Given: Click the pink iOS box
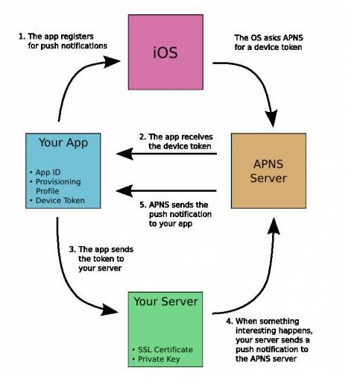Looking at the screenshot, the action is (165, 52).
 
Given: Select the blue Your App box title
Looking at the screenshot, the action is (63, 143).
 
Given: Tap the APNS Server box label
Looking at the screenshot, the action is (268, 171).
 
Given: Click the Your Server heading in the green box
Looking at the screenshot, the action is (165, 301).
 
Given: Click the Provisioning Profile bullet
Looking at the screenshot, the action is (55, 187).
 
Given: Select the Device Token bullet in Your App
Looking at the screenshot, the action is (57, 201).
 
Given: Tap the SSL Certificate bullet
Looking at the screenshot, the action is (162, 349).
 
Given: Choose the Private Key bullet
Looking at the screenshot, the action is (156, 359).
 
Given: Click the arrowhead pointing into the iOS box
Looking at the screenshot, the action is (111, 61).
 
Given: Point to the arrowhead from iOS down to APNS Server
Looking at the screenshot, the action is (271, 118).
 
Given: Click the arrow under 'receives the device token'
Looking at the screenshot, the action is (166, 154).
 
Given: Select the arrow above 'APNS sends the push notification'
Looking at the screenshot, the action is (166, 191).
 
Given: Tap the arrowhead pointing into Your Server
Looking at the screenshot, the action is (110, 310).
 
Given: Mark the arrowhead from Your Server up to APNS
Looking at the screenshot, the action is (274, 226).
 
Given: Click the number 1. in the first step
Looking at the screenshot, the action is (22, 37).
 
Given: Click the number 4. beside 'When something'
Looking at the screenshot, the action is (230, 322).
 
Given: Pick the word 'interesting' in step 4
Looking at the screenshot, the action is (253, 331).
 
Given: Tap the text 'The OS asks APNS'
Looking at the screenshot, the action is (268, 38).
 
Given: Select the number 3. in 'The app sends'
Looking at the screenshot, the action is (72, 249).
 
